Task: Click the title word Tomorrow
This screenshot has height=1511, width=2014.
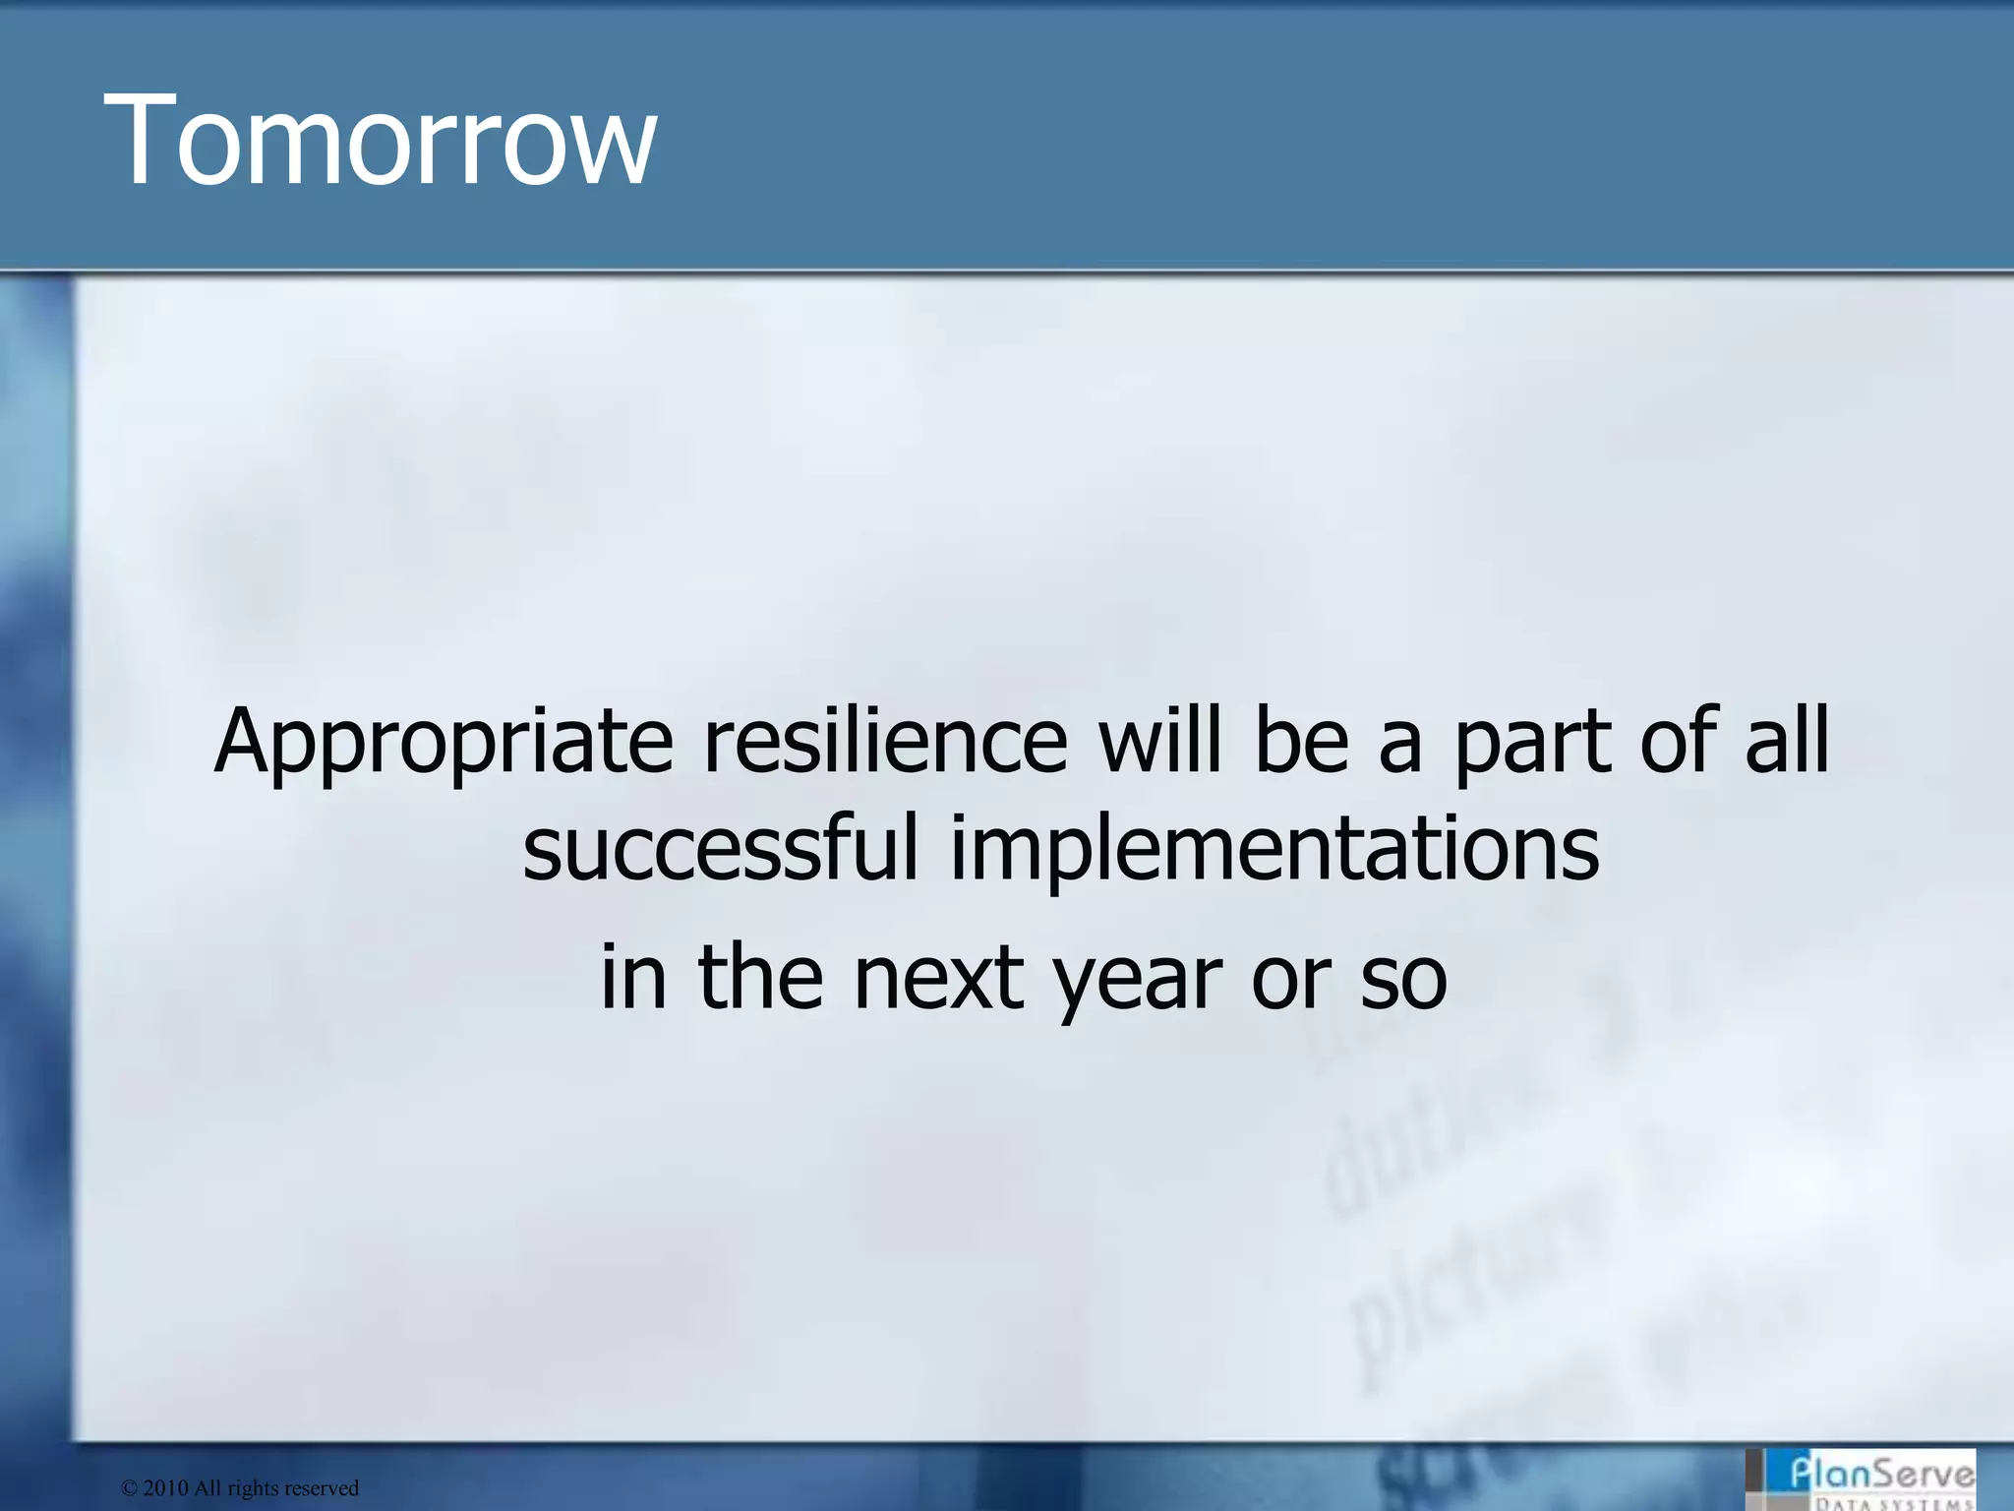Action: (x=385, y=140)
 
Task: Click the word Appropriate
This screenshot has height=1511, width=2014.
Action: (x=444, y=744)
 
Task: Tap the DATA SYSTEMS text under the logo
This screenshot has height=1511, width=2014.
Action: (x=1893, y=1503)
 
